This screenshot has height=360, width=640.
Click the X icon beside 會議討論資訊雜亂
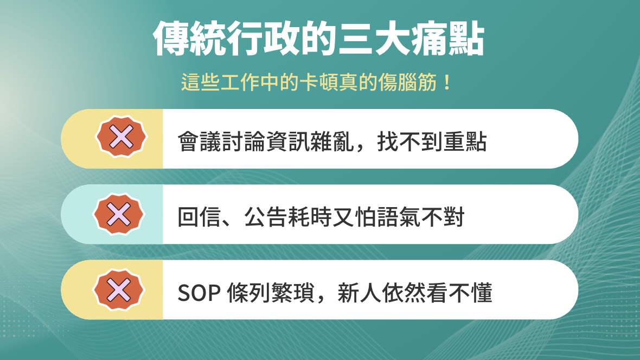[x=120, y=138]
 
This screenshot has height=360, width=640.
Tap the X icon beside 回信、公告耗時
[x=120, y=214]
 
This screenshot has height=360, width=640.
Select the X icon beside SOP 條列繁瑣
[x=120, y=290]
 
